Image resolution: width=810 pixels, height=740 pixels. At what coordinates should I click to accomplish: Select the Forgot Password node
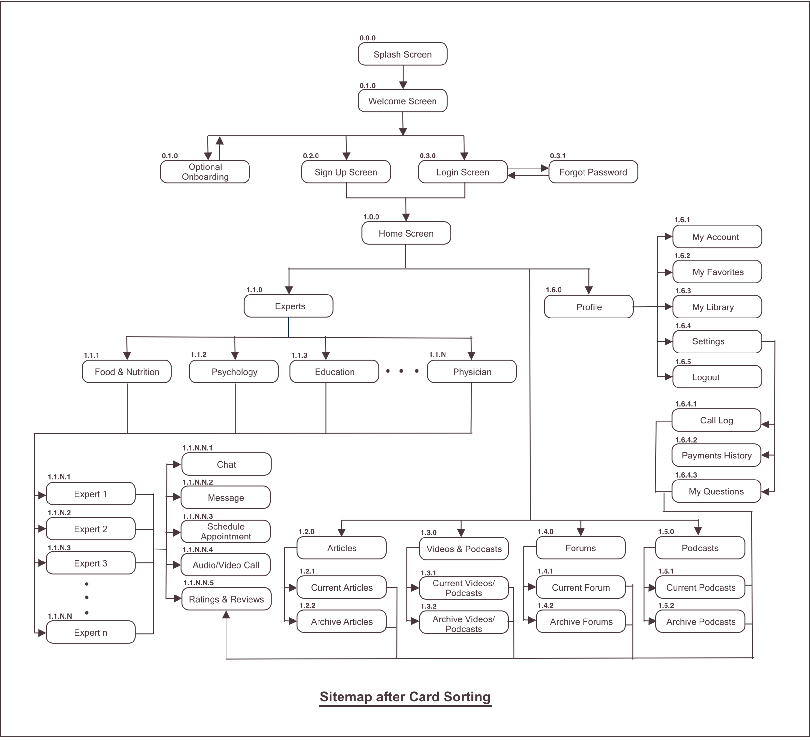point(593,172)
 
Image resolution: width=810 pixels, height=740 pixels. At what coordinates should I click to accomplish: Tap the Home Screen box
point(406,233)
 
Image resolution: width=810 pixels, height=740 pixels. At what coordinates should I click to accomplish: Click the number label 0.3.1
point(557,156)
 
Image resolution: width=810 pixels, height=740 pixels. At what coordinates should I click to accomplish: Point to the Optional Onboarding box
point(205,172)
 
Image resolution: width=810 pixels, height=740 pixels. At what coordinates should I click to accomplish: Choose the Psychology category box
point(234,372)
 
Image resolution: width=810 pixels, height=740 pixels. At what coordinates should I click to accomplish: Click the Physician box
point(472,372)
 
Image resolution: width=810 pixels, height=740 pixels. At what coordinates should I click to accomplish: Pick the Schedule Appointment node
point(226,531)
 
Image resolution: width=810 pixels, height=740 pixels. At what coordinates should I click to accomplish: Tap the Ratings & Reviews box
point(226,599)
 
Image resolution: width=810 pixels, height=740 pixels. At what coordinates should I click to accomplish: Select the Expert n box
point(90,632)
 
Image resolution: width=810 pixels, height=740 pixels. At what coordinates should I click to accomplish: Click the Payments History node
point(716,455)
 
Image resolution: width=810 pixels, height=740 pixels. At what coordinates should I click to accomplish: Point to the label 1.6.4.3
point(686,475)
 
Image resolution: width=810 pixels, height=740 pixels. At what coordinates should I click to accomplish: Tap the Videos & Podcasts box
point(464,549)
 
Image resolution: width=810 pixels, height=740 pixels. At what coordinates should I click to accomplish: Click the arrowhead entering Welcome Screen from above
point(403,85)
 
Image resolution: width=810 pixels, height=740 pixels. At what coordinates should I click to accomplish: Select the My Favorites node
point(717,272)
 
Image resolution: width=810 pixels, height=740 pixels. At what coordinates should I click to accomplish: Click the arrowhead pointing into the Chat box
point(177,464)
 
